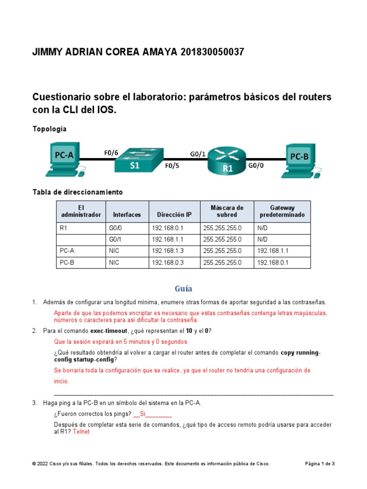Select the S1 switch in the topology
139,160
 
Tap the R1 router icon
227,161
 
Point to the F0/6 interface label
111,152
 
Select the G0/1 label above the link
198,153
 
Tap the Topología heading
49,129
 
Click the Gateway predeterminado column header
282,212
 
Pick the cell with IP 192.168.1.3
167,251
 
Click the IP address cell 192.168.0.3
167,263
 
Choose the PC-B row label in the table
67,263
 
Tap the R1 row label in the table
64,228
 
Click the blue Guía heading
183,288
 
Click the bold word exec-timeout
112,331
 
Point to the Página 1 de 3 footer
320,464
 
